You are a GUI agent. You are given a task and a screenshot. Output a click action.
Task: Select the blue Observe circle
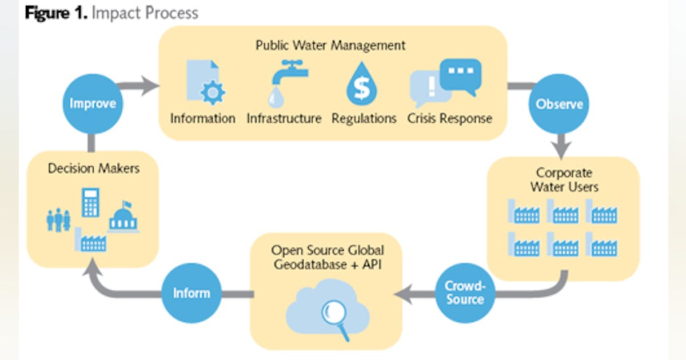(x=559, y=104)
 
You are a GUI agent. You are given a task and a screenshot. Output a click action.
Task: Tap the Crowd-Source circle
(x=465, y=293)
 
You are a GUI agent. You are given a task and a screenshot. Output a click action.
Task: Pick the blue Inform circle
(x=192, y=293)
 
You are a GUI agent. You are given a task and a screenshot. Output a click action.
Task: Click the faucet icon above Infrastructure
(x=286, y=83)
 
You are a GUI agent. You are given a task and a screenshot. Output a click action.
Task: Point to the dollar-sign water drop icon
(x=362, y=86)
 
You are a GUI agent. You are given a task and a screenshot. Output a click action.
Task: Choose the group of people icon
(x=58, y=220)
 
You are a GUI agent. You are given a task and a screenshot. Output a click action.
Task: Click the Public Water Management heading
(x=330, y=45)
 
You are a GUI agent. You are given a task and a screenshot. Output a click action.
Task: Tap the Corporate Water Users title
(x=564, y=179)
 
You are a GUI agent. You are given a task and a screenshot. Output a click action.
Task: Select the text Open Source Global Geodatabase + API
(x=327, y=258)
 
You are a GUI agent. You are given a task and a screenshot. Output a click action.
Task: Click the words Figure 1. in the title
(x=55, y=13)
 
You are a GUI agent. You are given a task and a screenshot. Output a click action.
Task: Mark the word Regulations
(x=364, y=119)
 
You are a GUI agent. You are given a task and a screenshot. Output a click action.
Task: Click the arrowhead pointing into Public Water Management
(x=150, y=87)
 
